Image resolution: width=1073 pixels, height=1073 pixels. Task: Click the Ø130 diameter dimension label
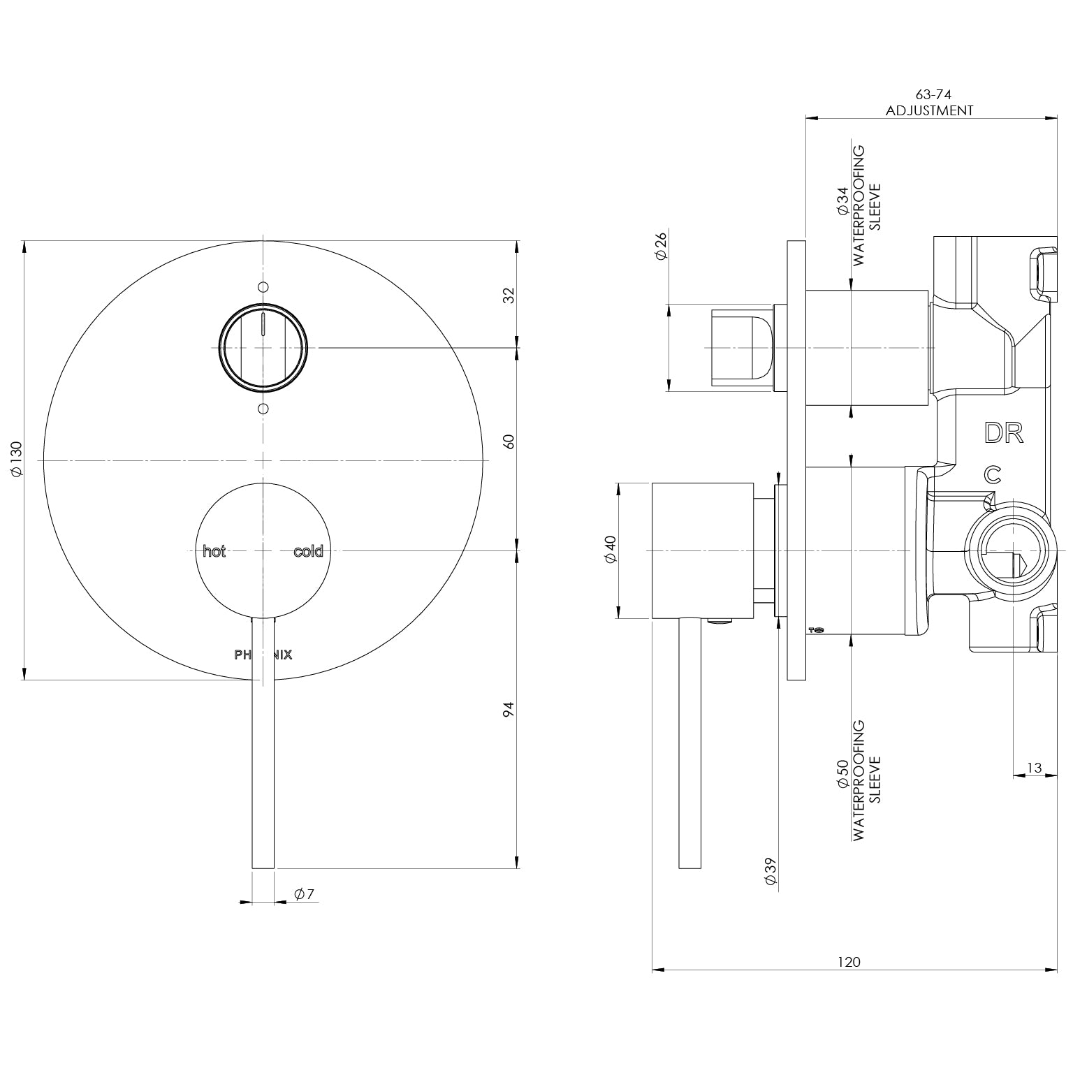click(x=17, y=459)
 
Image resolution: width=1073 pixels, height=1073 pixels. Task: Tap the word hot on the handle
click(x=214, y=551)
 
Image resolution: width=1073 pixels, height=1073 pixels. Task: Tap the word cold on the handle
click(x=308, y=551)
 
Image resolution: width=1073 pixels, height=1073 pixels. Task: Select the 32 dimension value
click(x=509, y=295)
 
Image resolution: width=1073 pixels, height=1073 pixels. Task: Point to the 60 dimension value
click(x=509, y=441)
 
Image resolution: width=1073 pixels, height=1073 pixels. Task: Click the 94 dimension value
click(x=509, y=710)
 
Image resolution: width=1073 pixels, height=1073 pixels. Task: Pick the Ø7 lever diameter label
click(x=305, y=893)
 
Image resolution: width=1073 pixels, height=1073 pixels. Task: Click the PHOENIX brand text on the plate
click(x=263, y=655)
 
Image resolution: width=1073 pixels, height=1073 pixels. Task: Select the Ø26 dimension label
click(x=662, y=245)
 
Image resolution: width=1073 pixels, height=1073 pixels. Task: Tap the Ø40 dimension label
click(x=610, y=550)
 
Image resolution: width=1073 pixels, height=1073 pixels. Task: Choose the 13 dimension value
click(x=1034, y=768)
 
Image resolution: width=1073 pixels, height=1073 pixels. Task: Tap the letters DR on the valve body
click(x=1004, y=433)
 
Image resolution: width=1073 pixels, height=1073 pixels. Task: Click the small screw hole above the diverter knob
click(x=263, y=286)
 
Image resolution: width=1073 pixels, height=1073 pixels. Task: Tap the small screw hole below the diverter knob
click(x=263, y=408)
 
